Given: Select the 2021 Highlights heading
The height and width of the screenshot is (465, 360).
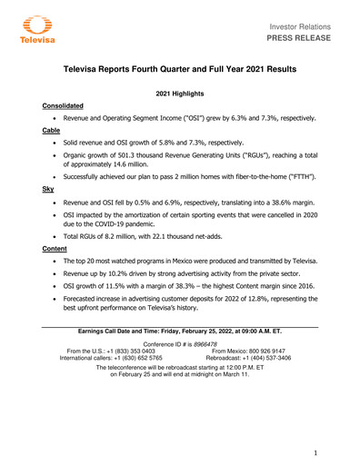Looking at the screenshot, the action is [181, 94].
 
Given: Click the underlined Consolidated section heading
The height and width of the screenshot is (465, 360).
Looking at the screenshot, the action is [67, 106].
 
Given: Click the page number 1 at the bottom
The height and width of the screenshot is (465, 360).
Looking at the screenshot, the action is [314, 451].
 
